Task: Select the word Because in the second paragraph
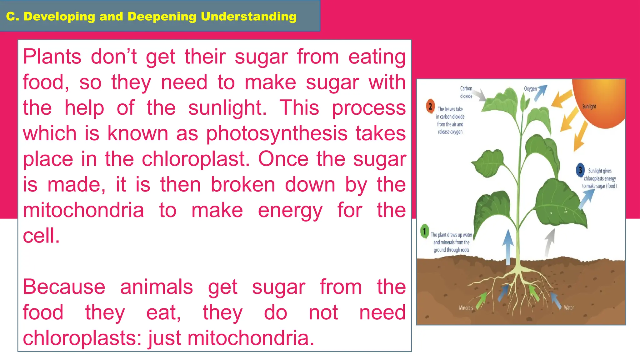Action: pyautogui.click(x=64, y=287)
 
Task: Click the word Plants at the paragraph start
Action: pyautogui.click(x=52, y=57)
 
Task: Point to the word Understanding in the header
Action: pyautogui.click(x=248, y=17)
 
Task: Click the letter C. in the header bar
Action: pyautogui.click(x=12, y=17)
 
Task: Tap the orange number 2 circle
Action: pyautogui.click(x=430, y=107)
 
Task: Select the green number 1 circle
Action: pyautogui.click(x=424, y=232)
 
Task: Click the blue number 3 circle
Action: pyautogui.click(x=580, y=170)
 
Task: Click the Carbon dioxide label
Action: pyautogui.click(x=466, y=92)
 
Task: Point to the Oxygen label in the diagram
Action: pyautogui.click(x=530, y=89)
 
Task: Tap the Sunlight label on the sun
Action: pyautogui.click(x=589, y=107)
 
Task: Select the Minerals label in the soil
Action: pyautogui.click(x=466, y=308)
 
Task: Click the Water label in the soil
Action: pyautogui.click(x=569, y=308)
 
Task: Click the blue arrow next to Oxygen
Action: pyautogui.click(x=541, y=93)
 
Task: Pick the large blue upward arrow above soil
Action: pyautogui.click(x=508, y=247)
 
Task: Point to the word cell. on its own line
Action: pyautogui.click(x=41, y=236)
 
